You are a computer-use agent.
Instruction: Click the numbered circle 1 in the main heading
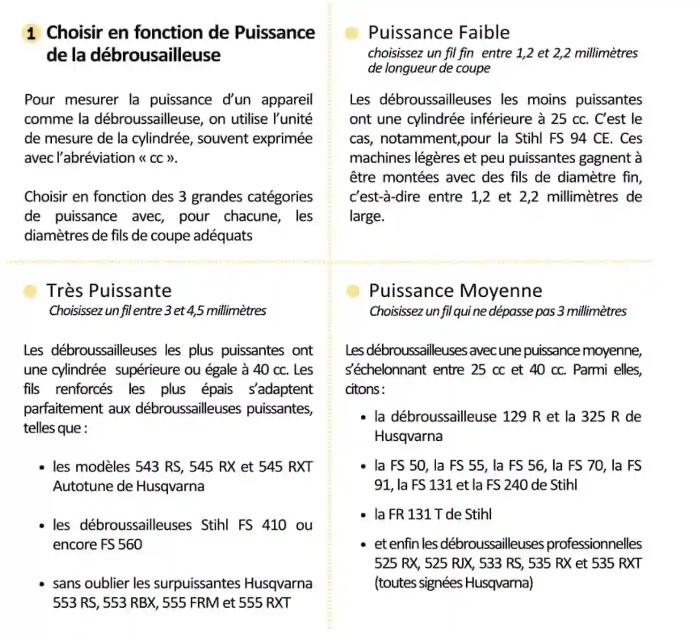pos(31,34)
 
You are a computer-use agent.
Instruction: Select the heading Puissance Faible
pos(439,33)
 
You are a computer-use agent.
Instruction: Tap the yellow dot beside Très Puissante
pos(30,291)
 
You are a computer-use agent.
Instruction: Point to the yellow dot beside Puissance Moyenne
pos(352,291)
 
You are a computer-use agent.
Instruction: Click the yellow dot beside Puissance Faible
pos(351,33)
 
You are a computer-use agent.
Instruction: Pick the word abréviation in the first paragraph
pos(99,158)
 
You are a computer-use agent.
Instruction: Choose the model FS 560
pos(121,545)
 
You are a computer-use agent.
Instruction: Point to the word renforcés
pos(84,389)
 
